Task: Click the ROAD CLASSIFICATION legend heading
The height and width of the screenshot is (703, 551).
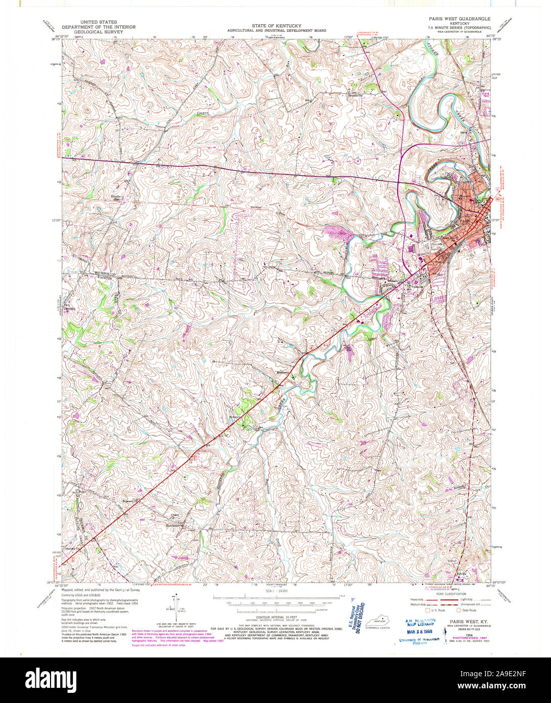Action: (x=448, y=594)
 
